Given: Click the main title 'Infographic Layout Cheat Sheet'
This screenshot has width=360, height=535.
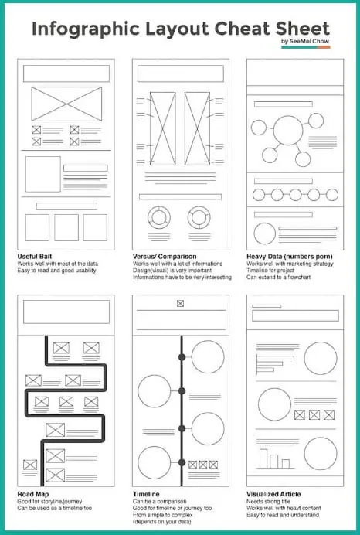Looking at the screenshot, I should (x=180, y=29).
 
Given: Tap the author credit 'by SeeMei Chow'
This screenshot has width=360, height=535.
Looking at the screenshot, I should (x=305, y=41).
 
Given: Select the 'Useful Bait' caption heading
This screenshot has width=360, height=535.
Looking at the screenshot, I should (x=38, y=256).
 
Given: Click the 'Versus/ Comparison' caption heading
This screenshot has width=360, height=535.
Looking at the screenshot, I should (x=164, y=256).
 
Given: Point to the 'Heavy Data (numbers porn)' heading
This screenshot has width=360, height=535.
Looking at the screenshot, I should (x=288, y=256).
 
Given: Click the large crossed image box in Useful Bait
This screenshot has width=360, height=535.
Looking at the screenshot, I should (x=66, y=103).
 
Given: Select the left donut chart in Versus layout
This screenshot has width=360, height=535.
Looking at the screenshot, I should (x=160, y=216).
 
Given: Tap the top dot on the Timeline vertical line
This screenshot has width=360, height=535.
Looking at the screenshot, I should (x=182, y=357).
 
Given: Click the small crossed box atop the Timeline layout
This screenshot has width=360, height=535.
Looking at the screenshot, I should (x=181, y=303).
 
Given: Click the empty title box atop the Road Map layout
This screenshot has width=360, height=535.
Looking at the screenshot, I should (x=66, y=312).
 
